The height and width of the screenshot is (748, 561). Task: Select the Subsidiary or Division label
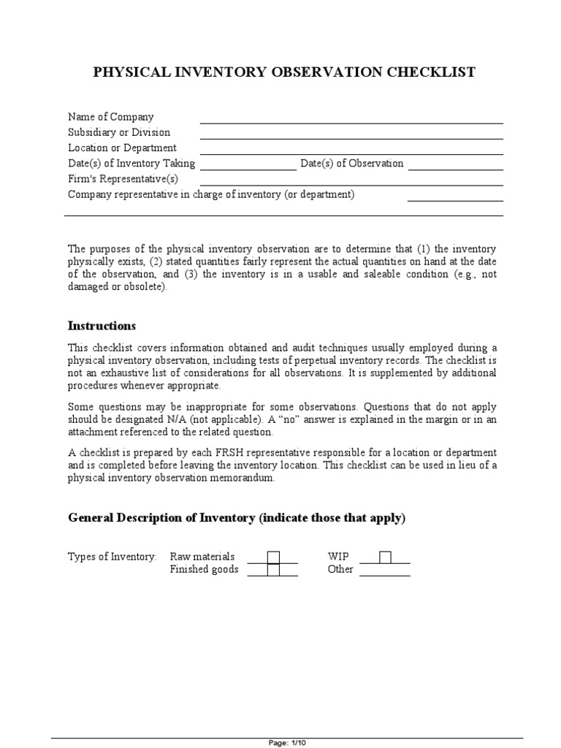tap(119, 132)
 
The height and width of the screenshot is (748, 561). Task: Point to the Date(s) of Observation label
tap(351, 164)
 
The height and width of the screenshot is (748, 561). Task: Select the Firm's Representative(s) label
tap(123, 179)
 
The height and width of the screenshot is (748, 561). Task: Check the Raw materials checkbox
tap(273, 557)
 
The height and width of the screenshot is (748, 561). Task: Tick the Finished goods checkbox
tap(273, 570)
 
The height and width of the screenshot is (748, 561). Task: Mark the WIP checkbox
tap(385, 557)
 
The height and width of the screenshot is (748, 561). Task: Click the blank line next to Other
tap(384, 573)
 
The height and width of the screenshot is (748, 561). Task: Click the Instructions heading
tap(102, 325)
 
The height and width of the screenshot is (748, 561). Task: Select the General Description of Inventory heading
tap(236, 518)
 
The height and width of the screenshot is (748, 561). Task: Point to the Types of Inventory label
tap(112, 557)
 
